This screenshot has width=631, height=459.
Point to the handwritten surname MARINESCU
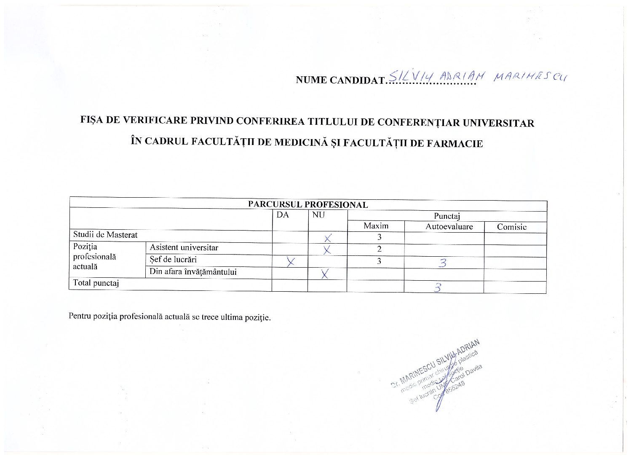(x=530, y=77)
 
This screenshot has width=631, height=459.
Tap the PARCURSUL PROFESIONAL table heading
(x=307, y=205)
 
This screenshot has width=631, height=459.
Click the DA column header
(x=283, y=215)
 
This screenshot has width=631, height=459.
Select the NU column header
(x=318, y=215)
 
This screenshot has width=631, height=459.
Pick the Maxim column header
(x=376, y=226)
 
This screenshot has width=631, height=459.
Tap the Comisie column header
(x=511, y=227)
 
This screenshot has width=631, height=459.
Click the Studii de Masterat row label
(x=105, y=235)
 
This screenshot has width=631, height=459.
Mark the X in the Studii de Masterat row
(x=328, y=238)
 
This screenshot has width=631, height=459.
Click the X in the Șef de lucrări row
(x=290, y=262)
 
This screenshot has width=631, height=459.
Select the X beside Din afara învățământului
(x=324, y=274)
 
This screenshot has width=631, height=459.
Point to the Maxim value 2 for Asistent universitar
(x=379, y=249)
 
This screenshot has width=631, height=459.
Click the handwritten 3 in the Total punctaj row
(x=438, y=288)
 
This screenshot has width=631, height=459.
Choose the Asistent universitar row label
(x=184, y=248)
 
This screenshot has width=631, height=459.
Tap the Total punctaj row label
(x=96, y=283)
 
